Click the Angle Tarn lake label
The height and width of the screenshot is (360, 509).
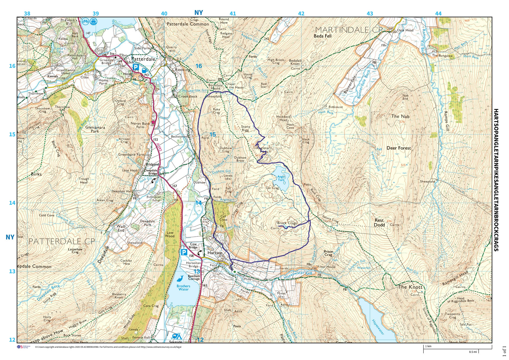coord(281,178)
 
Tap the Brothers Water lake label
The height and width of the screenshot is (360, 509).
coord(183,287)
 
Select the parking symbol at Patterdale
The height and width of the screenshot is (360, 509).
coord(136,67)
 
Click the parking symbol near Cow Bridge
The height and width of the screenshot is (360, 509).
coord(184,252)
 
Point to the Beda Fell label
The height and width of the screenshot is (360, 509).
coord(322,36)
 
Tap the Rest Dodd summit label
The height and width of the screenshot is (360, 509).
coord(379,222)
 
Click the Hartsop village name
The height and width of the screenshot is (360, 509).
coord(215,253)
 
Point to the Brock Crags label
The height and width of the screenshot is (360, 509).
coord(287,223)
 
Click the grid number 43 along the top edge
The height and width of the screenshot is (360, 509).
coord(370,14)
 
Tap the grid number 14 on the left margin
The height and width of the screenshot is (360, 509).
coord(12,203)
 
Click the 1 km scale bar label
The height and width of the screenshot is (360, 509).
coord(428,346)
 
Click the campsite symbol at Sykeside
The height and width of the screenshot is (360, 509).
coord(176,337)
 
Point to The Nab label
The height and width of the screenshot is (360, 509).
coord(400,116)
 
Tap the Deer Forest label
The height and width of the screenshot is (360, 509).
coord(398,148)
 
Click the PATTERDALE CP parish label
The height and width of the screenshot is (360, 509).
coord(62,241)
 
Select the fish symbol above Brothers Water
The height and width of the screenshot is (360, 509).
coord(180,279)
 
